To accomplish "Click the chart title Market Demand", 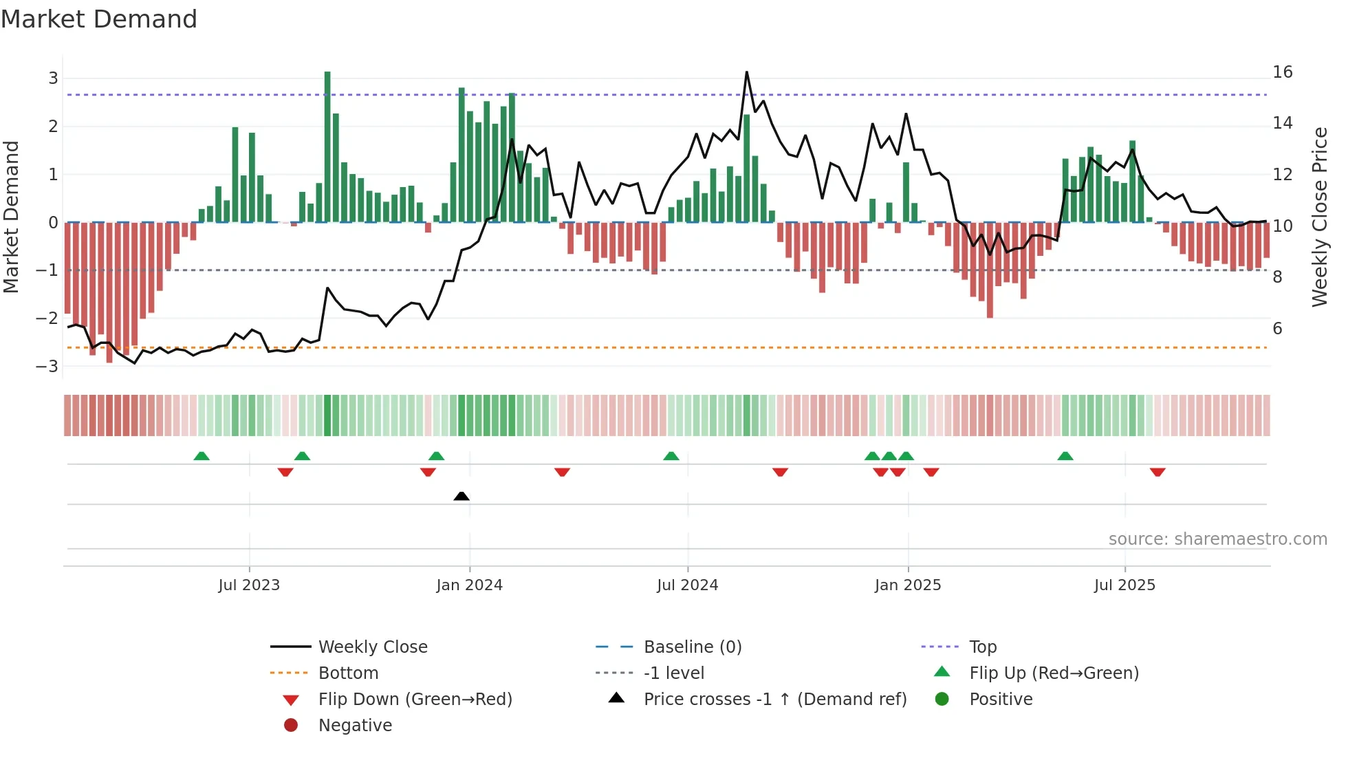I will click(99, 19).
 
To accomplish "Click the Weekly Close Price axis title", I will click(1319, 217).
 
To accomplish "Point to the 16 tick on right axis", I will click(1282, 72).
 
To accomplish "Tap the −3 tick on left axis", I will click(47, 366).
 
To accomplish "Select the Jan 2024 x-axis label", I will click(469, 585).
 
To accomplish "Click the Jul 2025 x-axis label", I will click(1124, 585).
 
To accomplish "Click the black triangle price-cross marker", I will click(461, 496).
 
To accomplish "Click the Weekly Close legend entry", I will click(372, 647).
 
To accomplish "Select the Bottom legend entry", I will click(348, 673).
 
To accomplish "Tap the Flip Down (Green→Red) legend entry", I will click(415, 699).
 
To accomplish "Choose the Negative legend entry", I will click(355, 725).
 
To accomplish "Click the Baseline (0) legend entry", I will click(692, 647).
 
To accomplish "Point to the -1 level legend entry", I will click(673, 673).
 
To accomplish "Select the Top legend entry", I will click(982, 647).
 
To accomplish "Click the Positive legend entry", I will click(1001, 699).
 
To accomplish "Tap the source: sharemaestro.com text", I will click(1217, 539).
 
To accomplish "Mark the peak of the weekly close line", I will click(746, 72).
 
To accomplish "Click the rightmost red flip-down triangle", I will click(1157, 472).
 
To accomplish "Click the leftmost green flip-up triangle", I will click(202, 456).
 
